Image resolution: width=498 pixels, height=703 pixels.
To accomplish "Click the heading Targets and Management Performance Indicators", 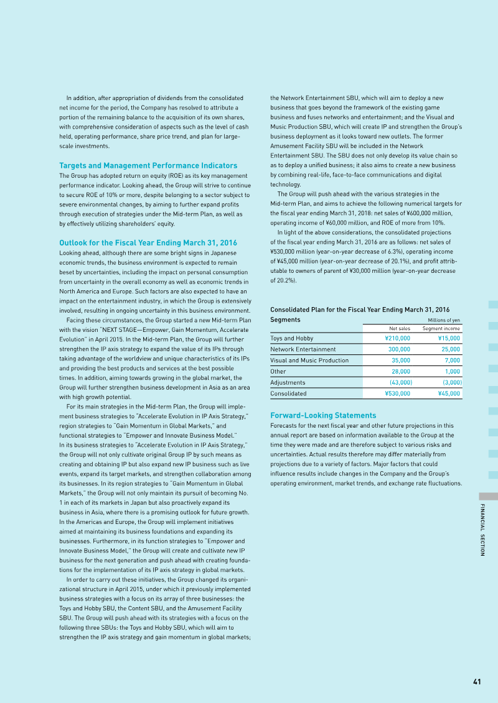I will tap(148, 165).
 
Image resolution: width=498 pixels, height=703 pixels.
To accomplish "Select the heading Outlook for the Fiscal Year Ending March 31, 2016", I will tap(148, 242).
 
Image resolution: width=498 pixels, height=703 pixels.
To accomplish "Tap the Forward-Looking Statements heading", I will tap(323, 415).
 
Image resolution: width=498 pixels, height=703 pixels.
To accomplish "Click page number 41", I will tap(477, 681).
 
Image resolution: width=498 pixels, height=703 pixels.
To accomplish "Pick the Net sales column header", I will tap(399, 328).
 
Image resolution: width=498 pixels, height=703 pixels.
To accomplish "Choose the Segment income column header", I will tap(441, 328).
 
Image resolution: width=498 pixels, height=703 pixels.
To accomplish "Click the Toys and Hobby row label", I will tap(292, 339).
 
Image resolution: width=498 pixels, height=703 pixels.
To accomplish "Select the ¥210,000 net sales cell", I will tap(397, 339).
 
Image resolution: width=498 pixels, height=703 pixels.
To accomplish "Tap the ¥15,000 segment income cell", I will tap(448, 339).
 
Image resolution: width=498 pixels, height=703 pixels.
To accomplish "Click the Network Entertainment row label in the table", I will tap(303, 349).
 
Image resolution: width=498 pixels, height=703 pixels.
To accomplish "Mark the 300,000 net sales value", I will tap(399, 349).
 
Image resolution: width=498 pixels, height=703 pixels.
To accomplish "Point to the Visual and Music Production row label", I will tap(309, 361).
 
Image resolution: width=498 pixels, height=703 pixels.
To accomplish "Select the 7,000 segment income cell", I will tap(452, 361).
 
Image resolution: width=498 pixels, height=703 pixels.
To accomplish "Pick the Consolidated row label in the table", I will tap(288, 393).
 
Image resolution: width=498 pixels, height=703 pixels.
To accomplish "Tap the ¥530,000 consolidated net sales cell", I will tap(397, 393).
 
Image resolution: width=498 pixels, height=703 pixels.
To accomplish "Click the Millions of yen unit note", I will tap(443, 320).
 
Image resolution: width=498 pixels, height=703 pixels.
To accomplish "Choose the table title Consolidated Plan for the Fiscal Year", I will tap(359, 310).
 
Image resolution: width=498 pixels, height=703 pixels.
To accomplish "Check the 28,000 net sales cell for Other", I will tap(400, 372).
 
